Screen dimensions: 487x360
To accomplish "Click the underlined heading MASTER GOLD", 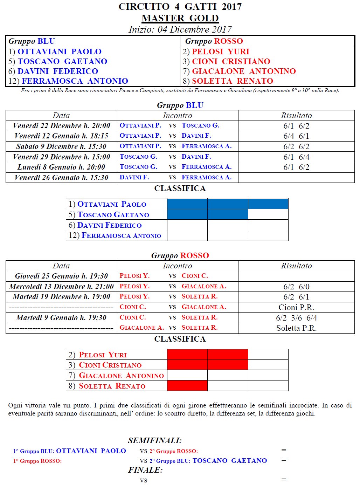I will (180, 18).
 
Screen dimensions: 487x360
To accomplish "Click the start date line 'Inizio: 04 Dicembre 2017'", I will (180, 29).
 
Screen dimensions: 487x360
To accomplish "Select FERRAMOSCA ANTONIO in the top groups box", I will (75, 81).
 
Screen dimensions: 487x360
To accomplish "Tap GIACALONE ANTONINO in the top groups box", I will (244, 71).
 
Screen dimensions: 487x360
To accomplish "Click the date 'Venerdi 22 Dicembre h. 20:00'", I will (61, 126).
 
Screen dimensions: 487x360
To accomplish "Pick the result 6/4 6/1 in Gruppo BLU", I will (296, 136).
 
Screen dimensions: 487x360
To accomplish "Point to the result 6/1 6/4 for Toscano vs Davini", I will (296, 157).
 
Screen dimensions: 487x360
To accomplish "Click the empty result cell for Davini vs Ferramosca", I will (296, 178).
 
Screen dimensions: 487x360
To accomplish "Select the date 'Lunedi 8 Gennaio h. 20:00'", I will (61, 167).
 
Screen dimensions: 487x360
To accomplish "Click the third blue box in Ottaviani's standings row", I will (268, 204).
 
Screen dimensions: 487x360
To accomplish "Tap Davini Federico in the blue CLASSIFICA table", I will (109, 225).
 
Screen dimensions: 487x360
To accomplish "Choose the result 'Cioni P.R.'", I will (296, 307).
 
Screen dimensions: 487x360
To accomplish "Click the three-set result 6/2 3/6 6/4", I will (296, 318).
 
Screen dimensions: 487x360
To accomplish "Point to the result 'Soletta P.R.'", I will (296, 328).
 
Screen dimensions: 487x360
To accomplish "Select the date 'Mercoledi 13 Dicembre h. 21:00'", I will (61, 287).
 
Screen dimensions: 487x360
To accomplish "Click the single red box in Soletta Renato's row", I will (187, 386).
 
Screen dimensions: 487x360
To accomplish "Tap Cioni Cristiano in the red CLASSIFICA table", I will (110, 365).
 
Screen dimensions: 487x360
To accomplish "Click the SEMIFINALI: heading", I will (155, 440).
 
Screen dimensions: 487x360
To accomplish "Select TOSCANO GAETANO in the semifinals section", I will (229, 461).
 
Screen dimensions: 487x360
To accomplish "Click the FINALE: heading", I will (145, 470).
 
